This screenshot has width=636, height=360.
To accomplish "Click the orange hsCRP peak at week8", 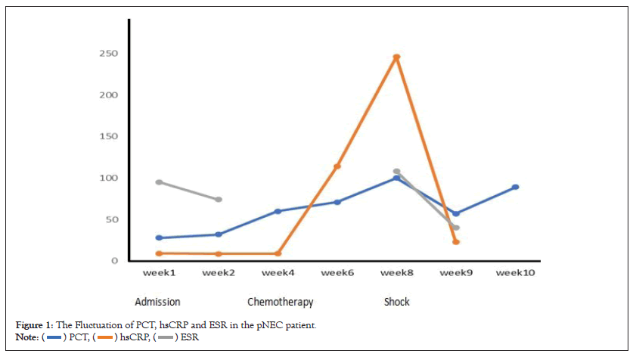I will (396, 57).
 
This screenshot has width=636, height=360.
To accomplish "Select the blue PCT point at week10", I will (515, 187).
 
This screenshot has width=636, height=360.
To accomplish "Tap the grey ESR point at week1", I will (160, 182).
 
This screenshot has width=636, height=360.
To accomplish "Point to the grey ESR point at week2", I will (219, 200).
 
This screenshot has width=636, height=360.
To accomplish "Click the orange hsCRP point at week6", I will (337, 166).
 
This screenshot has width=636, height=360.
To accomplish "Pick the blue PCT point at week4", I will (278, 211).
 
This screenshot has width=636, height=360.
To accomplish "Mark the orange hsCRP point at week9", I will (456, 242).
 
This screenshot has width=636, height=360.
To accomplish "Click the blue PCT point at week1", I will (160, 237).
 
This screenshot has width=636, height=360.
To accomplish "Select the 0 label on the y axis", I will (114, 261).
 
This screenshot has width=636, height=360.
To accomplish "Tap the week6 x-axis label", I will (337, 273).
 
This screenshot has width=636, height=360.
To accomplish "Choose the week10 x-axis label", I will (515, 273).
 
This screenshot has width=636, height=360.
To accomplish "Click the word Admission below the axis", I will (157, 302).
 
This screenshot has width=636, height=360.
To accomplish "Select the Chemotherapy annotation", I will (280, 302).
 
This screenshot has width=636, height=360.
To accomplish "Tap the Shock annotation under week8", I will (396, 302).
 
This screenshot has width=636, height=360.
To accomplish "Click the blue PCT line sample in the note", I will (54, 337).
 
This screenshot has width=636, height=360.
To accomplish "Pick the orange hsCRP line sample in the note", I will (105, 337).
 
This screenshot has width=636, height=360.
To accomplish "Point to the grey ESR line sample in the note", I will (165, 337).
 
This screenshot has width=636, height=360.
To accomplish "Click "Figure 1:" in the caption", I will (33, 325).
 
